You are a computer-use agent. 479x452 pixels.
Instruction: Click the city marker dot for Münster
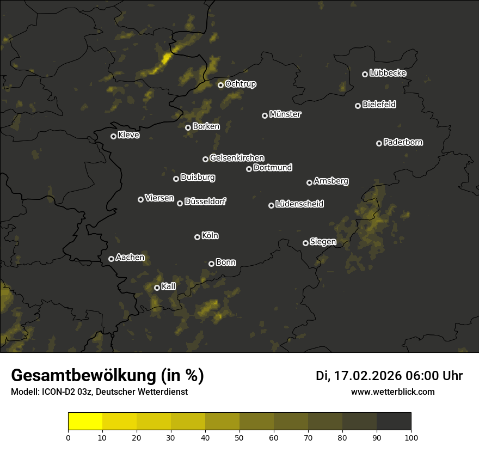click(x=265, y=115)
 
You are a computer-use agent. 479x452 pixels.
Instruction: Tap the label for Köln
click(x=210, y=236)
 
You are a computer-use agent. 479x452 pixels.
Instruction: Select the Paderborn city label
click(x=403, y=142)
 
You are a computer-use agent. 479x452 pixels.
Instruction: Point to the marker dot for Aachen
click(x=112, y=259)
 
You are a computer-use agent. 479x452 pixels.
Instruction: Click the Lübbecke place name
click(x=388, y=73)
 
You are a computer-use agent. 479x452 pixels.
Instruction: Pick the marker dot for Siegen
click(x=306, y=243)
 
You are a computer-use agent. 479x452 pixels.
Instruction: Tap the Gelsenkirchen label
click(x=237, y=158)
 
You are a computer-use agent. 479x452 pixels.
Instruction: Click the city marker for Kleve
click(x=114, y=136)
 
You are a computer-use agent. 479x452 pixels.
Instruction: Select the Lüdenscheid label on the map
click(x=299, y=204)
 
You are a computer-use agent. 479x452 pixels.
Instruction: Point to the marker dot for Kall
click(x=157, y=288)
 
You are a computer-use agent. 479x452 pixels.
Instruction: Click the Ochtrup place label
click(x=240, y=84)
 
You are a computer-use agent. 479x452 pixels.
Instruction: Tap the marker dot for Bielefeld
click(x=358, y=106)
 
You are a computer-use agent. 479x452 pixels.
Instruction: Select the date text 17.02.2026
click(x=367, y=376)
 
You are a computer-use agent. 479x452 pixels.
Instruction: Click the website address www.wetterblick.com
click(x=392, y=392)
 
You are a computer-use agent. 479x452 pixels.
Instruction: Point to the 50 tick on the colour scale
click(x=239, y=437)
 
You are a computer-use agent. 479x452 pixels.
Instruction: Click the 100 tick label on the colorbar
click(x=411, y=437)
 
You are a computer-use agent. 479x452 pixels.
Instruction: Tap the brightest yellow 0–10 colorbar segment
click(x=85, y=421)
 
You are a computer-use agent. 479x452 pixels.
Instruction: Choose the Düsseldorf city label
click(x=205, y=201)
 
